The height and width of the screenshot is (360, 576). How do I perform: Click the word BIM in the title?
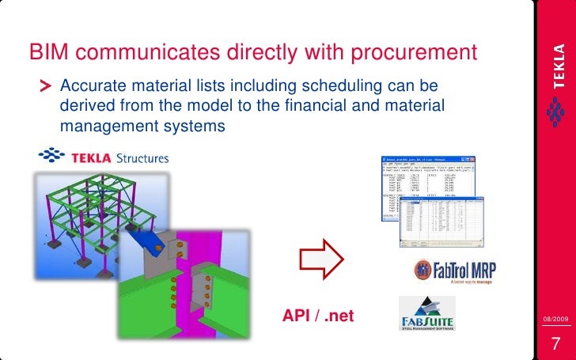[49, 52]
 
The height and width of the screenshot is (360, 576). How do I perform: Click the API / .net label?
[318, 317]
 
